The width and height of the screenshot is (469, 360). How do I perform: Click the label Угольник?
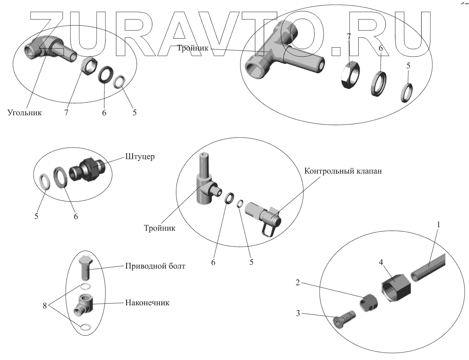(24, 113)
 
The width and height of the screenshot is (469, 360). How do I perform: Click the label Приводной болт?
(155, 267)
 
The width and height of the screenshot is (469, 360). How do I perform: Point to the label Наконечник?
(147, 303)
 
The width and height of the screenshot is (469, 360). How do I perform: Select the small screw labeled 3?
(344, 318)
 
